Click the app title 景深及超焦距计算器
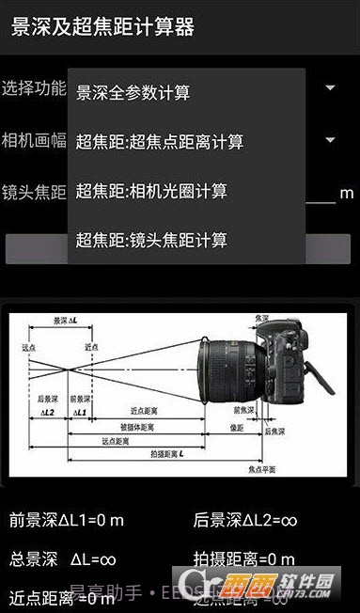(102, 26)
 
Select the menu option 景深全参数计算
(133, 92)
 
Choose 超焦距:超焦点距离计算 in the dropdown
(160, 142)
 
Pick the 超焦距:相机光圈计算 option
(151, 191)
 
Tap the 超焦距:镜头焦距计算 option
(151, 240)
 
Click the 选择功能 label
(34, 88)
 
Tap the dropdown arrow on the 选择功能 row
(330, 88)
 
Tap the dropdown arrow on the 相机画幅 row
(330, 141)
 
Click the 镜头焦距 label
(34, 193)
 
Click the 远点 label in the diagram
(27, 347)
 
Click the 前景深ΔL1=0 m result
(67, 519)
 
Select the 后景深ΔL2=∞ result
(245, 519)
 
